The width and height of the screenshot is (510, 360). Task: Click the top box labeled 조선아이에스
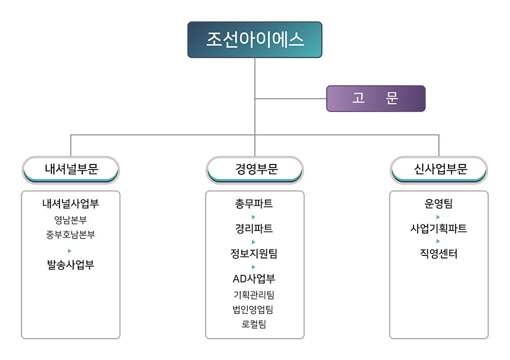[254, 40]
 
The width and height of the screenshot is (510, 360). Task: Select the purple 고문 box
[376, 99]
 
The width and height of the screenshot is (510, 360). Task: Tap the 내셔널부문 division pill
[71, 170]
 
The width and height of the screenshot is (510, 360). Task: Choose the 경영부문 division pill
[254, 170]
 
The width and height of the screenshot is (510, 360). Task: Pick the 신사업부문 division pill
[439, 170]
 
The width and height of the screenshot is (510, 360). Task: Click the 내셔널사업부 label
[71, 204]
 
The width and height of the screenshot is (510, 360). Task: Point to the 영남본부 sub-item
[71, 220]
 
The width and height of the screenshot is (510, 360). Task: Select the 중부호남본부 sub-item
[71, 235]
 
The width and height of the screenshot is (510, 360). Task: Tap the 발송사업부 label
[71, 265]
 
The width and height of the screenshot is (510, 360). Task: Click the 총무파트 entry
[254, 204]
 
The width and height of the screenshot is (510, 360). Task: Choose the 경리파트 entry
[254, 228]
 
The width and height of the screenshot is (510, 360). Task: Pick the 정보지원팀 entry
[254, 254]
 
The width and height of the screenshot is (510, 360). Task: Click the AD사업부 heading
[254, 279]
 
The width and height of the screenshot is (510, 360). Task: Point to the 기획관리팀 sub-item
[254, 295]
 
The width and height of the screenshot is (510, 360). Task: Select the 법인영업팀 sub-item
[253, 310]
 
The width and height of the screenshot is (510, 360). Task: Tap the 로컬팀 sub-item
[254, 324]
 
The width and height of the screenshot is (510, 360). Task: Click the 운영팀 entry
[439, 204]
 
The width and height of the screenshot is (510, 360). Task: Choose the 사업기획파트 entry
[439, 228]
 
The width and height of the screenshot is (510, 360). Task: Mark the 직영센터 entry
[439, 254]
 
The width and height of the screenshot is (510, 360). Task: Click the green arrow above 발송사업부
[70, 251]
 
